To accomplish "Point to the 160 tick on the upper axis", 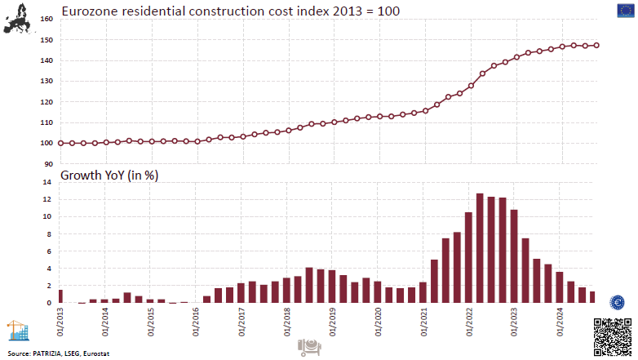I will tap(47, 19).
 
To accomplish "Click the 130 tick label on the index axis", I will tap(47, 81).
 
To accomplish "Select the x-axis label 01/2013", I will tap(60, 319).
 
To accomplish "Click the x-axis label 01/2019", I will tap(332, 319).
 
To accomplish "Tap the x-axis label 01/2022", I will tap(468, 319).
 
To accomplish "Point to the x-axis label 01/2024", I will tap(559, 319).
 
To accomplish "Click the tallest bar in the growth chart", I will tap(480, 248).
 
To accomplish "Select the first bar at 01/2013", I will tap(60, 296).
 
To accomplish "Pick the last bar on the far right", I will tap(592, 297).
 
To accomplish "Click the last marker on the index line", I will tap(596, 46).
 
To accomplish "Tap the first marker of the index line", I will tap(60, 143).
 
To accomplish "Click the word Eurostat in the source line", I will tap(95, 353).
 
